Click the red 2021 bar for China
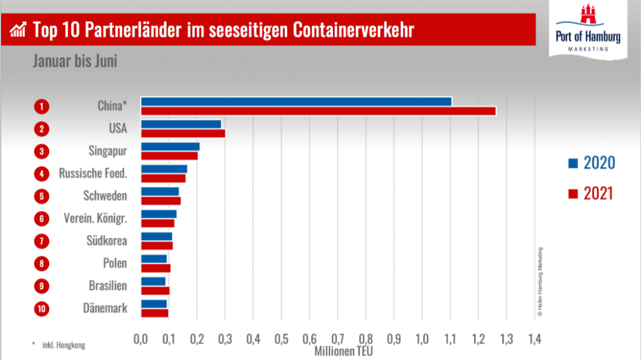pos(318,111)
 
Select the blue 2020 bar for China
pos(296,101)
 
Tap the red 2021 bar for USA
pos(183,133)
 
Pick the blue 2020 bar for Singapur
pos(170,146)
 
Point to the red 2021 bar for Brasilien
pos(156,291)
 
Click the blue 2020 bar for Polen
pos(154,259)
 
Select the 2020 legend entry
pos(591,163)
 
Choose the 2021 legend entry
pos(591,193)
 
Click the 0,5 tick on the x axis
pos(281,339)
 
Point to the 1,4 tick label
pos(534,339)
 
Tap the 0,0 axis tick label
pos(141,339)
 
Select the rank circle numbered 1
pos(41,107)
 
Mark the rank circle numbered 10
pos(41,308)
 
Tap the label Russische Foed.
pos(93,174)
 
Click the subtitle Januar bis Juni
pos(75,62)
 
